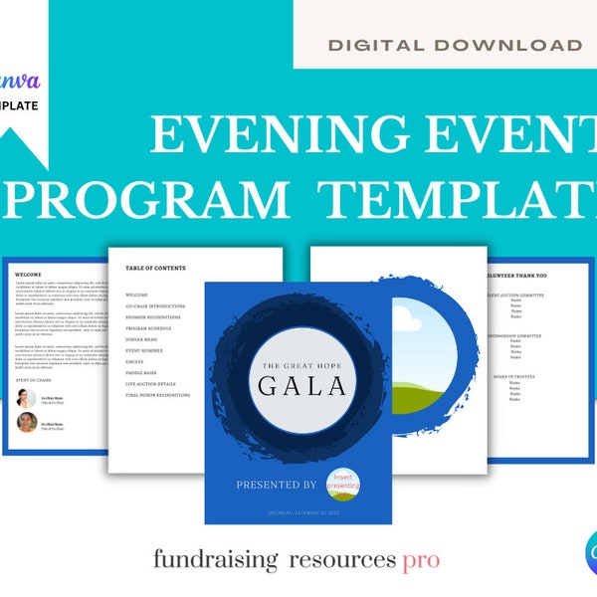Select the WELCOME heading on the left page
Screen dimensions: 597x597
[x=28, y=276]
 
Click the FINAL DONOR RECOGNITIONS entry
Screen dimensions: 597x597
[x=167, y=395]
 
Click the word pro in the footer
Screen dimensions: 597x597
[x=421, y=560]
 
